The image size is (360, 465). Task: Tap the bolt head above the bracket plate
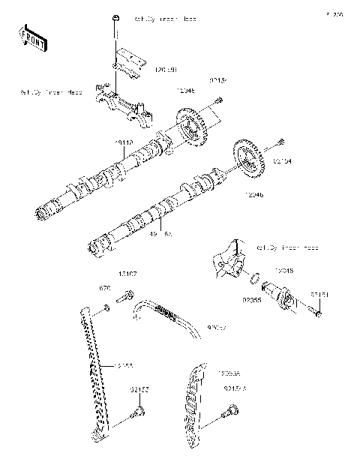click(114, 17)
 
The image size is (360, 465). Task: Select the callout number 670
click(106, 286)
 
